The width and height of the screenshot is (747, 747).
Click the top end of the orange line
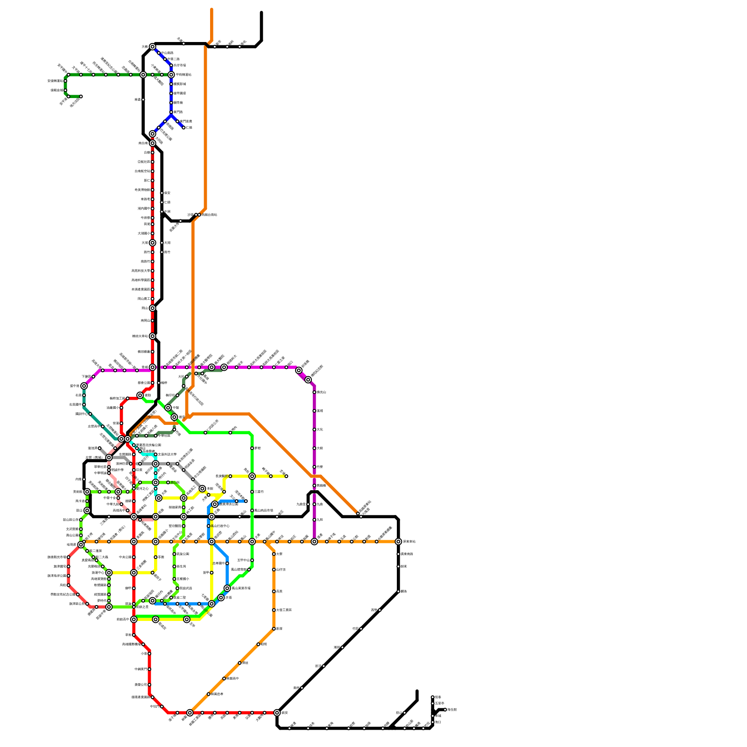211,9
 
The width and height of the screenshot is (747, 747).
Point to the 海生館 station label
451,710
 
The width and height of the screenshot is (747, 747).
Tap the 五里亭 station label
439,703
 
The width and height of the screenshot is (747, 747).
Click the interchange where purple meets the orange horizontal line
314,542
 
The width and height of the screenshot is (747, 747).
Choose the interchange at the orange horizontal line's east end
398,542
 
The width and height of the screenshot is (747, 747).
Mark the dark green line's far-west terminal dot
81,97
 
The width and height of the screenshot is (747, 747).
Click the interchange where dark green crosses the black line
143,75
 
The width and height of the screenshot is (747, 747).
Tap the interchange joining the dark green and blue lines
171,75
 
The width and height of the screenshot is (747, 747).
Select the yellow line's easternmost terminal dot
286,476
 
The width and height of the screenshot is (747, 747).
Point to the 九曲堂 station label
301,504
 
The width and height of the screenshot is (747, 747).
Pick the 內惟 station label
78,479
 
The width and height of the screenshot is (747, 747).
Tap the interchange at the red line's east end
277,713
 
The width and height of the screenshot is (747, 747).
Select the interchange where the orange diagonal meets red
190,713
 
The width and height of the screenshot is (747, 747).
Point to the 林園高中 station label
233,678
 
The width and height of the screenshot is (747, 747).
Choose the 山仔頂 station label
281,570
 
